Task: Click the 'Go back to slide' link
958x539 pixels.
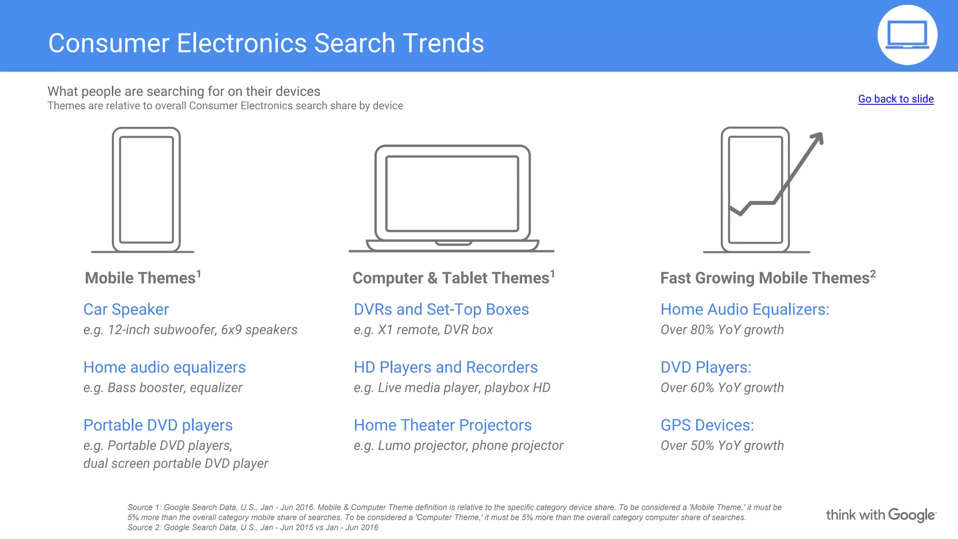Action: (x=895, y=99)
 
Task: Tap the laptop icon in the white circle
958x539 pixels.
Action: (x=907, y=35)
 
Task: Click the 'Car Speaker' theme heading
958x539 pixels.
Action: (x=126, y=309)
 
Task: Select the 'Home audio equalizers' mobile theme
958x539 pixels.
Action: (x=164, y=367)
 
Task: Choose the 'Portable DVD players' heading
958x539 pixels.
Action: (x=158, y=425)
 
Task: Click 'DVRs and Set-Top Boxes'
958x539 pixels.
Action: (x=441, y=309)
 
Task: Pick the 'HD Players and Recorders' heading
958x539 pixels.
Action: (x=445, y=367)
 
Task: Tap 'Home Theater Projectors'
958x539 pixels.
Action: (x=443, y=425)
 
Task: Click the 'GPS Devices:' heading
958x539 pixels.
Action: (x=707, y=425)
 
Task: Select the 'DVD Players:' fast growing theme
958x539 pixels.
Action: (x=705, y=367)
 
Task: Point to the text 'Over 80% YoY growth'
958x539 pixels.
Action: (x=722, y=330)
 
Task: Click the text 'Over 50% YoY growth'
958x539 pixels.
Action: (x=722, y=445)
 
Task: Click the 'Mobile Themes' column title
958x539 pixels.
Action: (x=140, y=278)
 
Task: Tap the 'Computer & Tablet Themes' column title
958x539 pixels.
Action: (x=451, y=278)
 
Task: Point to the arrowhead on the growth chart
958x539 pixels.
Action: (x=818, y=138)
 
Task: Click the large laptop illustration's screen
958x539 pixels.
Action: (x=452, y=193)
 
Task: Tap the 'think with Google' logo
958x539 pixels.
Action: (x=880, y=515)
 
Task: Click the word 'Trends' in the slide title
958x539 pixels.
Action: (x=443, y=43)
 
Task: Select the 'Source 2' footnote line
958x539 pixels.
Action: (x=253, y=528)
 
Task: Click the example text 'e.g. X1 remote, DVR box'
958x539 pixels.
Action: (x=423, y=330)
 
